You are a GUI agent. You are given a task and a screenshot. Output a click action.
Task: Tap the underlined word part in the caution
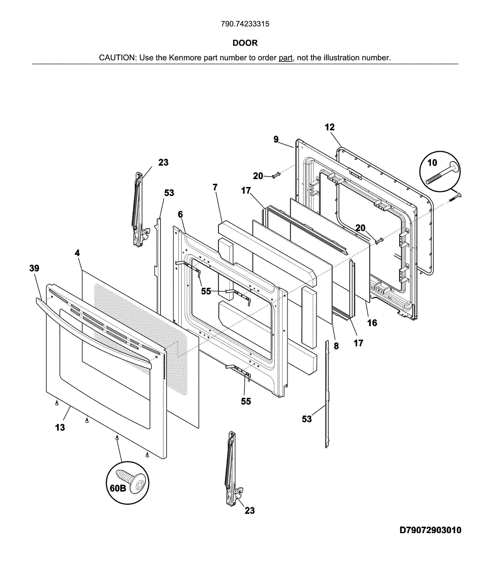(286, 58)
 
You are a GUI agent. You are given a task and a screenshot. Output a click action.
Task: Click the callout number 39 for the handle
(34, 268)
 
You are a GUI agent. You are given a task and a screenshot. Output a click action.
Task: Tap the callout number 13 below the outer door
(60, 428)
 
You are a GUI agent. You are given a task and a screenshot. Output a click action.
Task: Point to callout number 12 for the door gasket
(329, 127)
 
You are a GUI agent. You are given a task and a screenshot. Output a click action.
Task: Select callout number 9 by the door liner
(276, 139)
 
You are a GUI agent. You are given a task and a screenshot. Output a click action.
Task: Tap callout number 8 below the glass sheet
(336, 346)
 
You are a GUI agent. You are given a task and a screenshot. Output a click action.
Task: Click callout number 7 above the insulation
(215, 188)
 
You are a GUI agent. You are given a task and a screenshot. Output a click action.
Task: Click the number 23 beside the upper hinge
(163, 162)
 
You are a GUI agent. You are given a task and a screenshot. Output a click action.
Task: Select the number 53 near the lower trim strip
(307, 419)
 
